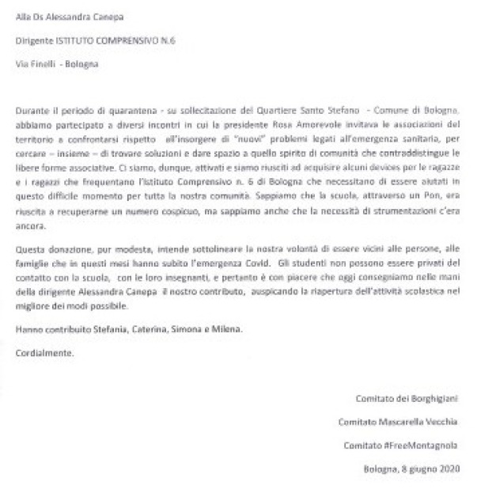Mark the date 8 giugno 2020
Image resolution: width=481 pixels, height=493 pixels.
[x=430, y=470]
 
